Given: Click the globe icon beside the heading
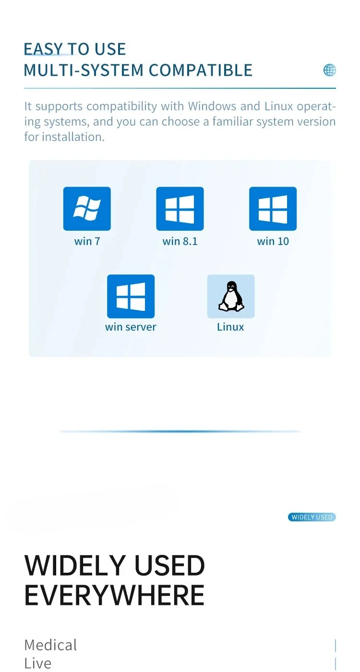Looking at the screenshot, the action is coord(329,70).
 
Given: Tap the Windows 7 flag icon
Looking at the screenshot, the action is coord(87,209).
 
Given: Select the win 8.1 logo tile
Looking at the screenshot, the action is coord(180,209).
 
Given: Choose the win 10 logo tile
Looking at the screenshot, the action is coord(273,209).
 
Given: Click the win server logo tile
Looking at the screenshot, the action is coord(131,296).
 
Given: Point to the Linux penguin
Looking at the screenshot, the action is coord(231,296).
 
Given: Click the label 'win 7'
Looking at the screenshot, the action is coord(87,241).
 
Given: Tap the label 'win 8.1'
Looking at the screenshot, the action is coord(180,241).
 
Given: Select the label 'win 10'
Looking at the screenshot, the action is coord(273,241).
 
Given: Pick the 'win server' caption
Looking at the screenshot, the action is coord(131,327).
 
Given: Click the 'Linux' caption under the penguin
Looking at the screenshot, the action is coord(230,327).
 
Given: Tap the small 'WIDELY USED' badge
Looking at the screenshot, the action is coord(312,517).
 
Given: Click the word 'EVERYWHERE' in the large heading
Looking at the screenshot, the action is coord(114,595).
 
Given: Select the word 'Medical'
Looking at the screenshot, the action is coord(50,645).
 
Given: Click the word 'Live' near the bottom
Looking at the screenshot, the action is coord(37,663).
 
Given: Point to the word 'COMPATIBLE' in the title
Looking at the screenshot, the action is coord(201,70).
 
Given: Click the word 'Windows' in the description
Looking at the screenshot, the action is coord(212,106).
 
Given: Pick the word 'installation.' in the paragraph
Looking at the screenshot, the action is coord(73,137).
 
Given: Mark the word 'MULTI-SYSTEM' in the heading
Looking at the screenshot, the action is coord(84,70).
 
